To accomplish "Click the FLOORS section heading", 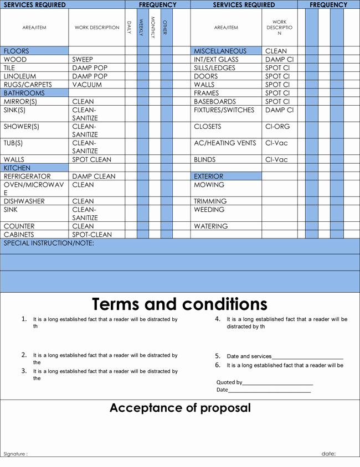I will pyautogui.click(x=17, y=51).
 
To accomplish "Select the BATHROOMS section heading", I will pyautogui.click(x=24, y=93).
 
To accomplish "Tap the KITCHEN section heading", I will pyautogui.click(x=17, y=168).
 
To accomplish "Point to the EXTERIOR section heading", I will pyautogui.click(x=209, y=177).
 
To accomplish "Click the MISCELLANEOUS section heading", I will pyautogui.click(x=220, y=51).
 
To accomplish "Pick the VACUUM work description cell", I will pyautogui.click(x=87, y=85).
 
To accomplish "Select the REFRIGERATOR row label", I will pyautogui.click(x=27, y=177).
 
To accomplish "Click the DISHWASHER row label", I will pyautogui.click(x=24, y=201).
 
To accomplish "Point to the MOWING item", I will pyautogui.click(x=209, y=185).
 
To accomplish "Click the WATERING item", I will pyautogui.click(x=211, y=226).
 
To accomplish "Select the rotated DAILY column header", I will pyautogui.click(x=129, y=27).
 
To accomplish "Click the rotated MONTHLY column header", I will pyautogui.click(x=153, y=27).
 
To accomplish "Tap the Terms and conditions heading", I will pyautogui.click(x=179, y=304).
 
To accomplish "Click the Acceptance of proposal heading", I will pyautogui.click(x=180, y=408).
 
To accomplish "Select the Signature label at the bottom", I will pyautogui.click(x=16, y=454).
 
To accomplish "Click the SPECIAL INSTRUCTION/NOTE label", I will pyautogui.click(x=49, y=243).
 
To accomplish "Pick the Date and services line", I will pyautogui.click(x=285, y=356).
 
